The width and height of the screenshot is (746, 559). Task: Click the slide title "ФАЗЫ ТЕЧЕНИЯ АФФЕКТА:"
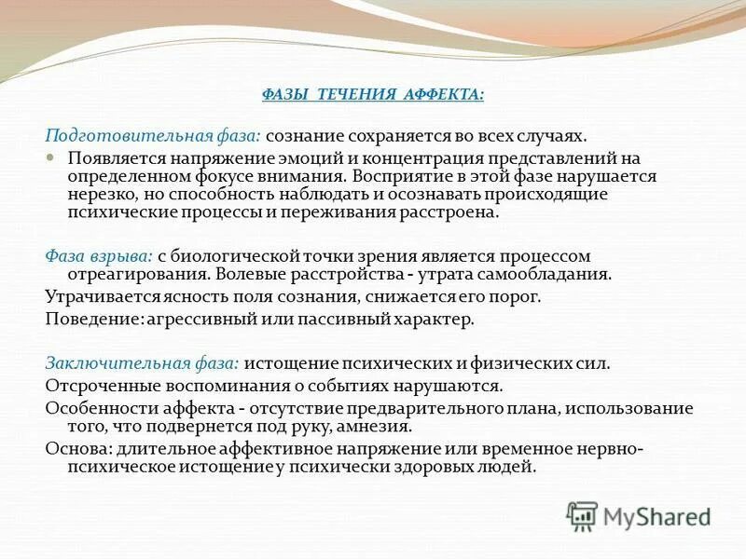tap(372, 95)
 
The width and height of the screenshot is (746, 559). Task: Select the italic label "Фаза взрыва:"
tap(99, 255)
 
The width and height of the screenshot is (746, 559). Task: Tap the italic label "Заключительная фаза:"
tap(143, 363)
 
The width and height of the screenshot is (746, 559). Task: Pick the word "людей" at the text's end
tap(511, 467)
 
